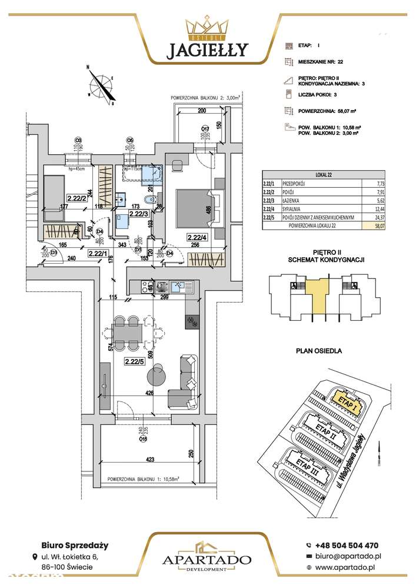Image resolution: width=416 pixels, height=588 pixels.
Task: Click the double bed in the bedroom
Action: [x=196, y=207]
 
